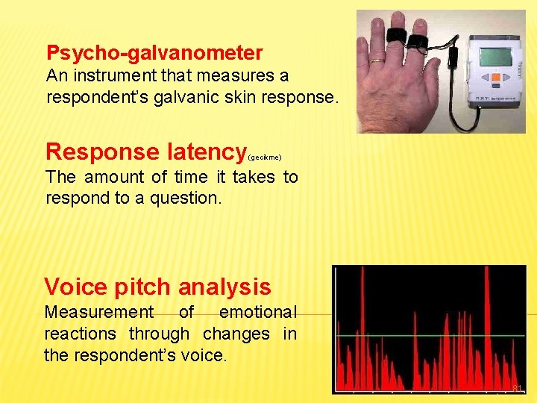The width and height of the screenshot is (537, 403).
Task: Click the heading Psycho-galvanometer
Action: [154, 53]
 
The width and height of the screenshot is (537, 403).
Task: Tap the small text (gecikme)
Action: [265, 157]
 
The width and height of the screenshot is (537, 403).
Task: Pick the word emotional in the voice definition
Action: [257, 312]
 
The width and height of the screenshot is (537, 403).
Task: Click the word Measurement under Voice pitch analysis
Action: [99, 312]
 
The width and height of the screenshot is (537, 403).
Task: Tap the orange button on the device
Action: [494, 77]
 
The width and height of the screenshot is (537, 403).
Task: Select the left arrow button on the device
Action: [483, 77]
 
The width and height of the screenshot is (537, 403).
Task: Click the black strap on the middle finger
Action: [396, 34]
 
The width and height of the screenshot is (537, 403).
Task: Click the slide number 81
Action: [518, 388]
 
